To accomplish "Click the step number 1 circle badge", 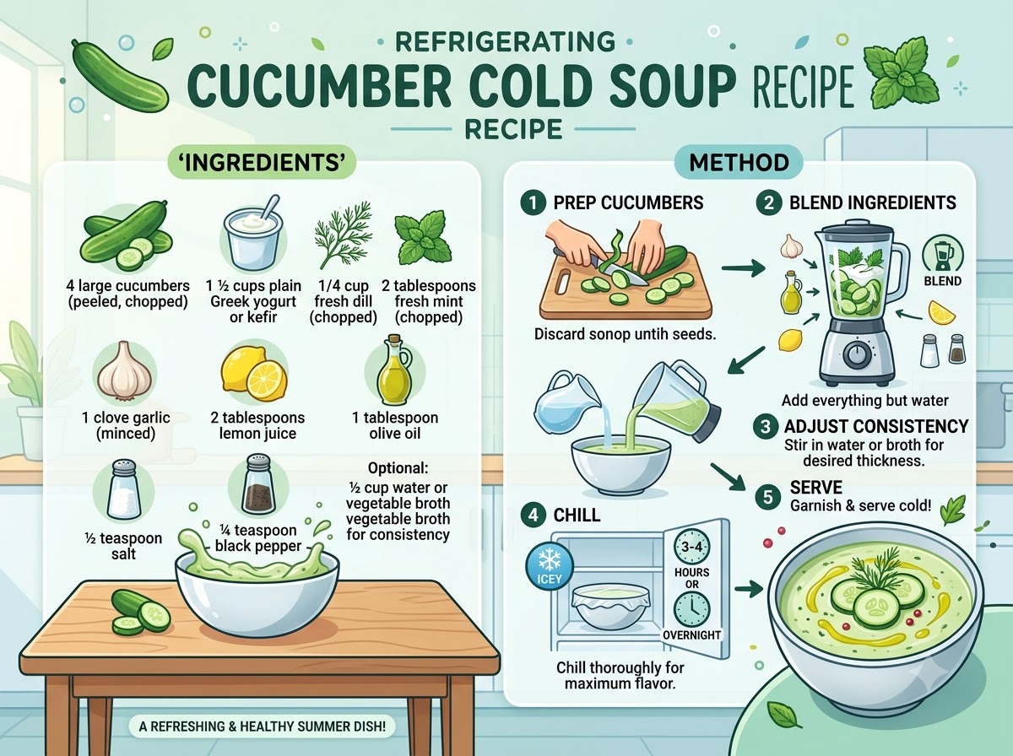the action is (533, 203).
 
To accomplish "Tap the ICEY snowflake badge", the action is (550, 567).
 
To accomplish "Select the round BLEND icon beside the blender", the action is (942, 255).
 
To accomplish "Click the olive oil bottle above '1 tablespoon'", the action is (394, 371).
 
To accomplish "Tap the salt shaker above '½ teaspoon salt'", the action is (124, 489).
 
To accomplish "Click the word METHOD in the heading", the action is (739, 163).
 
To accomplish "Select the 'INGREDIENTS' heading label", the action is (262, 162).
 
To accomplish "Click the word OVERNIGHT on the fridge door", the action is (691, 634).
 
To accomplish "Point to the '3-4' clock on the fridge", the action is (691, 547).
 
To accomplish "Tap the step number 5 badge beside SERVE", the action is (767, 497).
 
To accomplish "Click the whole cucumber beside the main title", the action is (120, 76).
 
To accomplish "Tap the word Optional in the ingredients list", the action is (398, 468).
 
